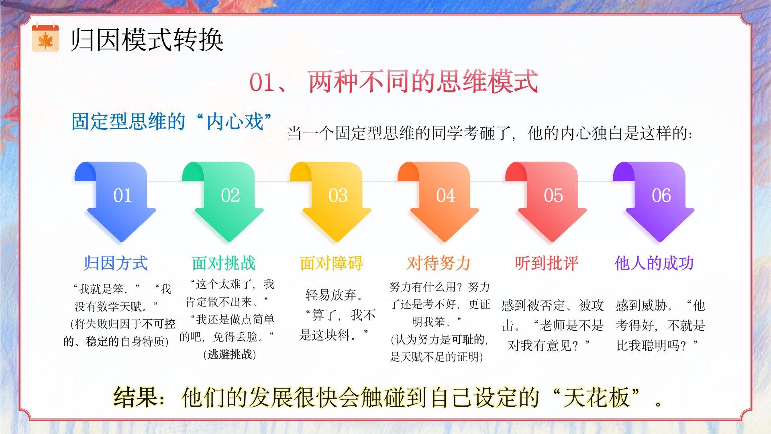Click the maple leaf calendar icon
click(x=45, y=38)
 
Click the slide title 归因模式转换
click(x=147, y=40)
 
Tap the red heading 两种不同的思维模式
click(x=423, y=82)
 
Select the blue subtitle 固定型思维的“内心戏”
click(x=171, y=121)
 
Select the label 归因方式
click(x=116, y=263)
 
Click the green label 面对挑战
click(x=224, y=263)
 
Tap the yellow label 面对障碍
click(x=331, y=263)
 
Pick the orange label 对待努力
click(x=439, y=263)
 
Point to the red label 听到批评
click(x=547, y=263)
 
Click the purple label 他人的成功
click(x=654, y=263)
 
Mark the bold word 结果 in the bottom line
click(x=135, y=397)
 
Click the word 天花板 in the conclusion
click(x=596, y=397)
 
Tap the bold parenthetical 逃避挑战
click(x=230, y=354)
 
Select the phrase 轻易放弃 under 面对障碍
click(x=330, y=295)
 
